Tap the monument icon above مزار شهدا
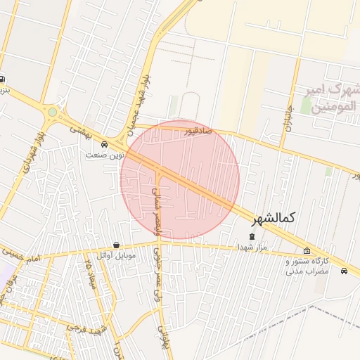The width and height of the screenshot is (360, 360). (x=252, y=236)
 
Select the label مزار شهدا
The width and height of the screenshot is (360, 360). (x=252, y=247)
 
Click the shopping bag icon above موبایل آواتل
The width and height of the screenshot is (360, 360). (x=116, y=245)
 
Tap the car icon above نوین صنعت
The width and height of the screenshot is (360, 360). (x=105, y=144)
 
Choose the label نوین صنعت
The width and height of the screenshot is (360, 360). (x=105, y=154)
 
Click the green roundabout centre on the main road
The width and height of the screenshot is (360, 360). (x=52, y=111)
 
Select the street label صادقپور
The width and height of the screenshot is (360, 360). (x=198, y=131)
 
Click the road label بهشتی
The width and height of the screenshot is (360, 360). (x=82, y=131)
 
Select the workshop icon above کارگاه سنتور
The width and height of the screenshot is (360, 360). (x=307, y=251)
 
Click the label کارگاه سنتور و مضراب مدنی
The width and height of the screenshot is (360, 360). (x=307, y=265)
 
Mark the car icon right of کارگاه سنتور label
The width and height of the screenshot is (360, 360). (x=344, y=271)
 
